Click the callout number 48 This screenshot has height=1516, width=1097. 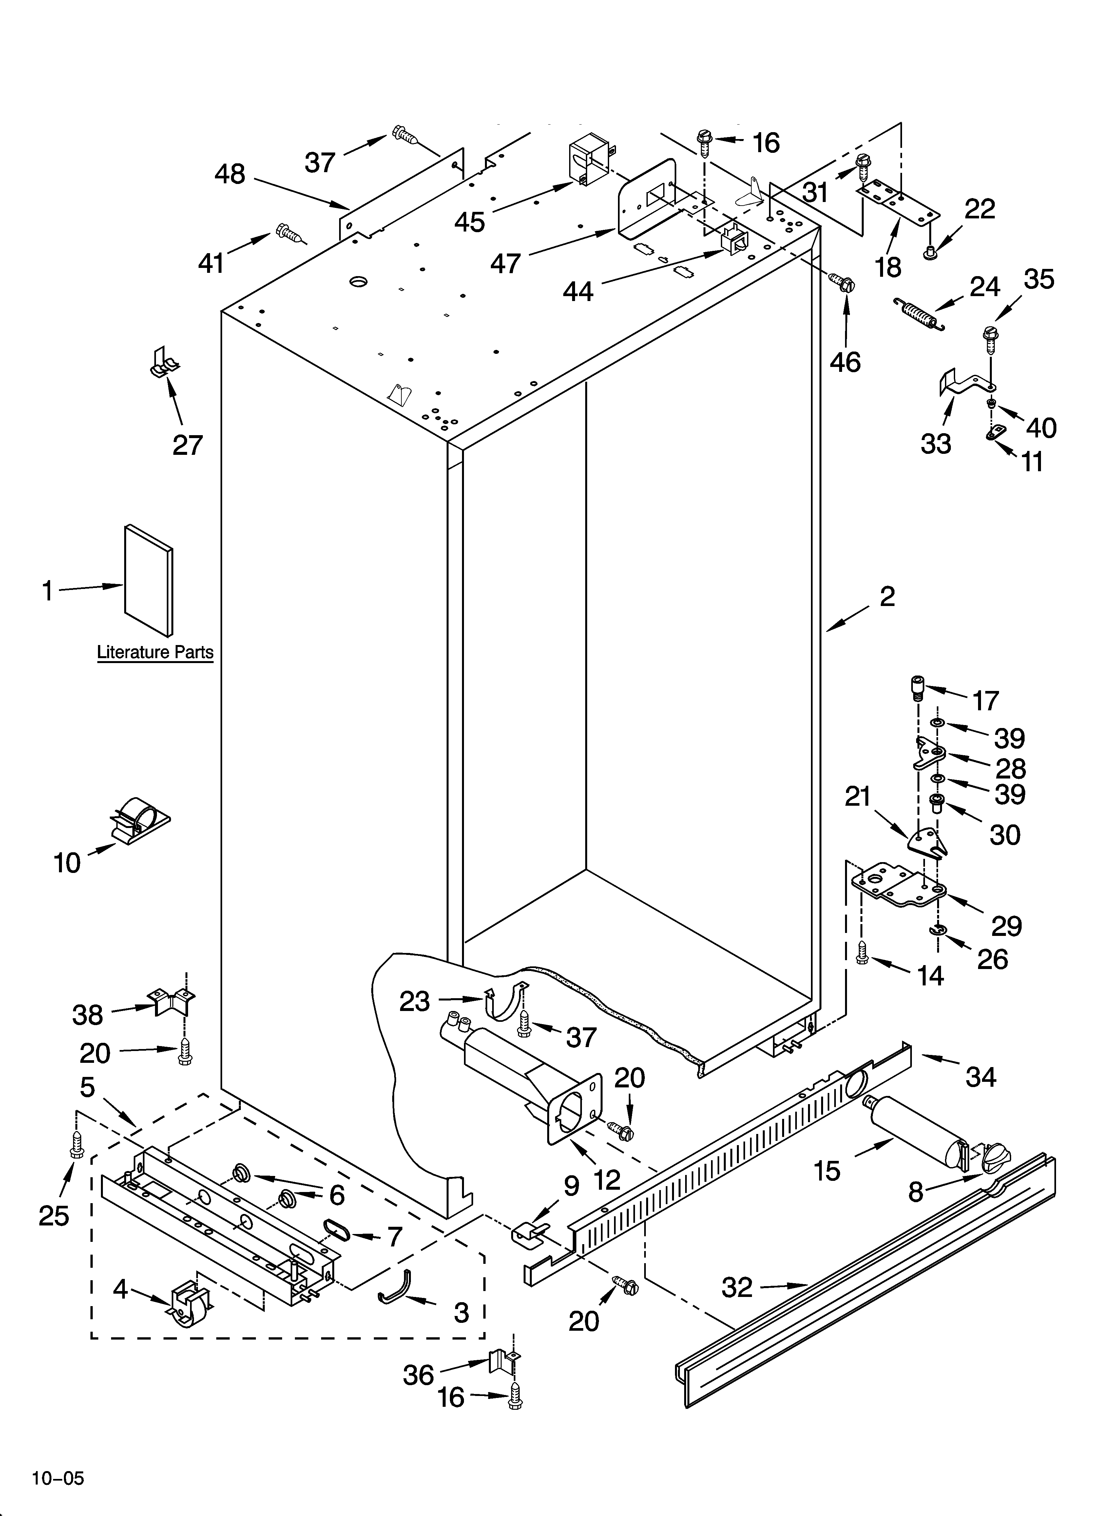[x=230, y=174]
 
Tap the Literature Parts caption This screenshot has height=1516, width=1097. [x=155, y=652]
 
